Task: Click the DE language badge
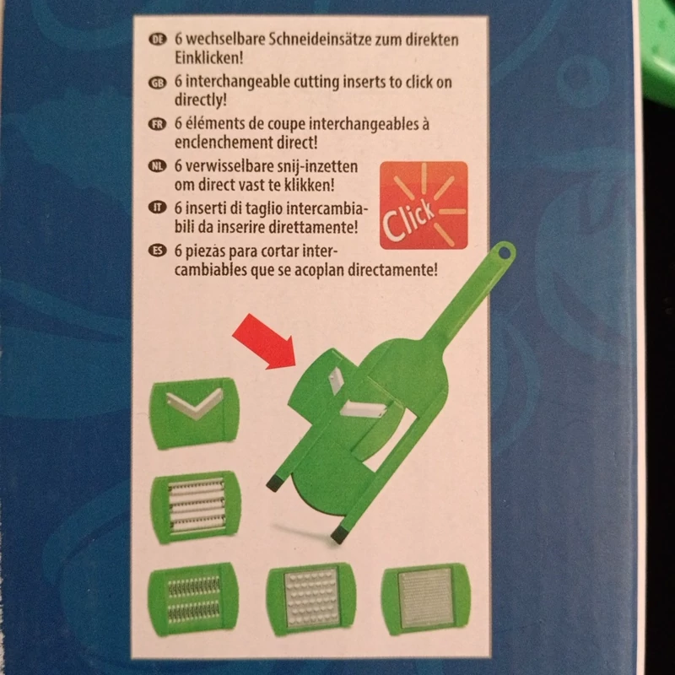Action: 158,40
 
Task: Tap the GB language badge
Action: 158,82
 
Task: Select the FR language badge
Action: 158,124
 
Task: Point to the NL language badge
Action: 158,166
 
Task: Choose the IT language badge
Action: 158,208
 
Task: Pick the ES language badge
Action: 158,250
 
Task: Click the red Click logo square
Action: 424,205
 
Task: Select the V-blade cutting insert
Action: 194,413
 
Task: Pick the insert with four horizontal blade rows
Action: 196,507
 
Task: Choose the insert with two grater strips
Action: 193,599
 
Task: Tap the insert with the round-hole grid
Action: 311,599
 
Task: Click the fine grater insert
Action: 426,599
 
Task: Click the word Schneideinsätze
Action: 320,40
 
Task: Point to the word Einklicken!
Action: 208,57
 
